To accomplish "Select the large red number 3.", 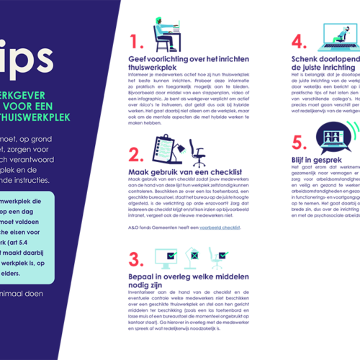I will click(x=135, y=260).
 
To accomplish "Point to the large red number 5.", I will click(x=299, y=142).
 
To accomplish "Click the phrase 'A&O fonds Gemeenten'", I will click(x=151, y=228).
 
